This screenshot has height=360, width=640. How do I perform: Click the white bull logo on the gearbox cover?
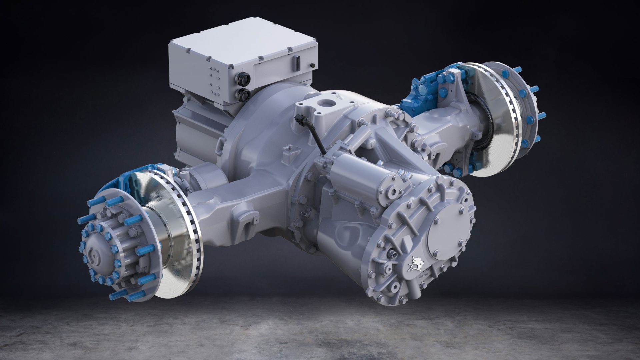coord(415,263)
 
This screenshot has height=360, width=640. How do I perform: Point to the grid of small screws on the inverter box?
coord(213,82)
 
